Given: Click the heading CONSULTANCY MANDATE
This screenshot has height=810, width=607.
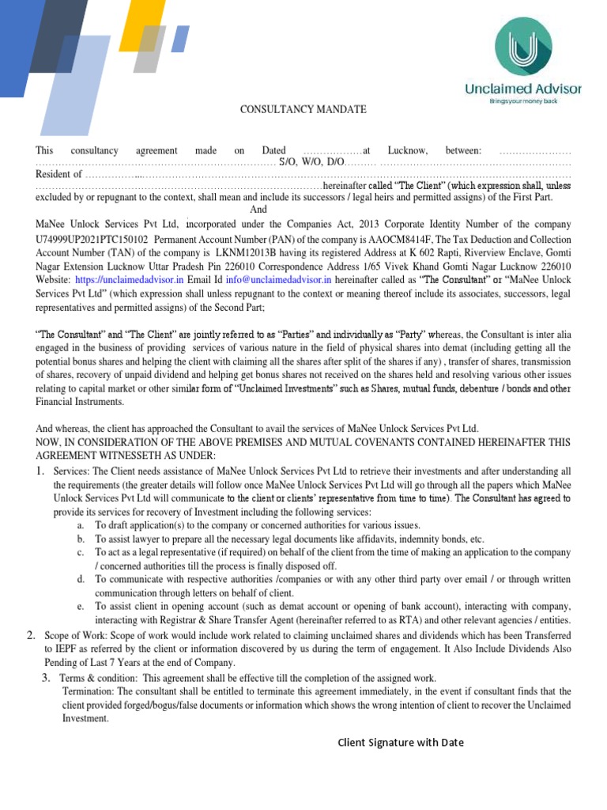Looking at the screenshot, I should [303, 109].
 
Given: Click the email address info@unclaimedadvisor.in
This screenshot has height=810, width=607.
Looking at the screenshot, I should [279, 280].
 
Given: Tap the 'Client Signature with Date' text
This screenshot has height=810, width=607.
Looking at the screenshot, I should [401, 742].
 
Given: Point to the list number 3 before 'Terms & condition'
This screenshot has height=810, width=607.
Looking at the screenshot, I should [47, 678].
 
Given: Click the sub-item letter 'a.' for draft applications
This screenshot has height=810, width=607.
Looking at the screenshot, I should [81, 525].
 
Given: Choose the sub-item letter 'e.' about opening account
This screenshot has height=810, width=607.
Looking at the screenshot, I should [81, 606].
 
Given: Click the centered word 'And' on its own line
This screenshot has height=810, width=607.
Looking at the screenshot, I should [259, 210].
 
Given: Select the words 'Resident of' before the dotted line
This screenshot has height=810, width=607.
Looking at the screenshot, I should [58, 174].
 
